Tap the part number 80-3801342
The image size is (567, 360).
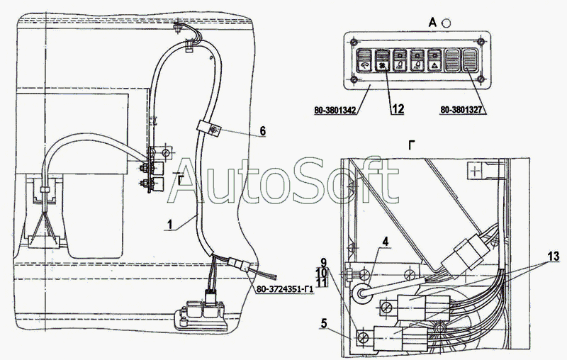point(334,110)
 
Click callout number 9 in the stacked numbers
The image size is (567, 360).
point(323,261)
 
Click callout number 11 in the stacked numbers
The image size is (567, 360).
point(323,283)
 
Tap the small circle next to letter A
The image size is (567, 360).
point(446,23)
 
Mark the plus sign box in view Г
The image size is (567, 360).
point(474,170)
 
